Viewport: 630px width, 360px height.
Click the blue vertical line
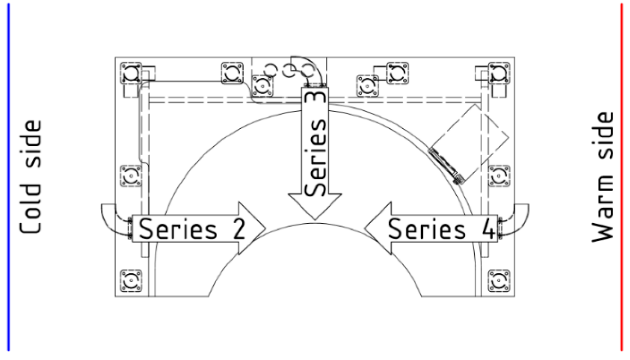coord(9,177)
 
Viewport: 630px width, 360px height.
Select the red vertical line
coord(621,177)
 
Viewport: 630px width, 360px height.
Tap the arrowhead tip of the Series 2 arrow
coord(265,228)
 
